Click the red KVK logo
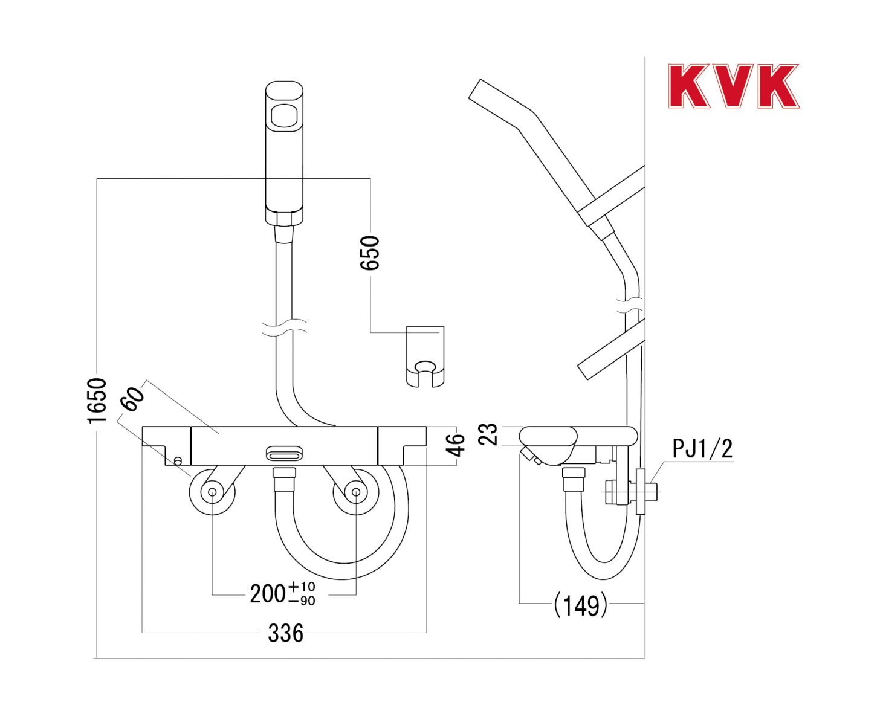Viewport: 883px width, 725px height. (734, 86)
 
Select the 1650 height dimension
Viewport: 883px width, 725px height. (97, 400)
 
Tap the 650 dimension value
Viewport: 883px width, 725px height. (370, 253)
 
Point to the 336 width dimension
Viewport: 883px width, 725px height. (285, 633)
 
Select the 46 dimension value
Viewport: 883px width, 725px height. (456, 445)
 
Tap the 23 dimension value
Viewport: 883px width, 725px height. (488, 434)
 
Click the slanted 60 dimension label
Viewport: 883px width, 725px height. (132, 399)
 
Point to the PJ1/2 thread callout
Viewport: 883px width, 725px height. (702, 449)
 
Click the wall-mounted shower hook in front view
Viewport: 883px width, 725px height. (425, 357)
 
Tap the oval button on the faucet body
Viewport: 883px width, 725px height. (284, 453)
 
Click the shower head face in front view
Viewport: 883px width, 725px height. (284, 116)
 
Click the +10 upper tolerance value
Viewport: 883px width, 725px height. (301, 586)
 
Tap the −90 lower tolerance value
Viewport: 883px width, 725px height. (302, 601)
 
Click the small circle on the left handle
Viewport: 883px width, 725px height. (178, 461)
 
